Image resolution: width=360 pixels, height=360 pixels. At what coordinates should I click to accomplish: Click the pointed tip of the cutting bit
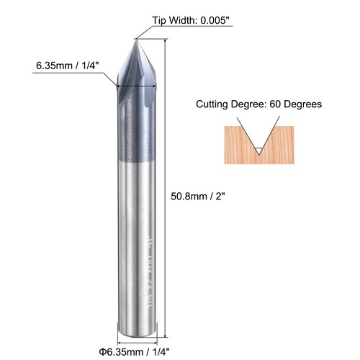(135, 40)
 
